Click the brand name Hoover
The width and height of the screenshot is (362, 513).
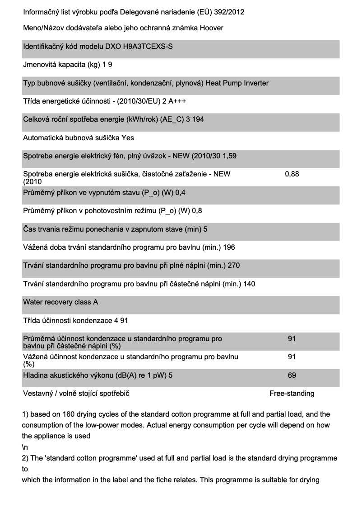tap(212, 28)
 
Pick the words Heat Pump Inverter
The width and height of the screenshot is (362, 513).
tap(240, 83)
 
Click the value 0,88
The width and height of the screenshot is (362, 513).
tap(292, 174)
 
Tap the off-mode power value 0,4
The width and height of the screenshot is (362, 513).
tap(180, 193)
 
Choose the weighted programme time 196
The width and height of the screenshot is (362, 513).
tap(229, 247)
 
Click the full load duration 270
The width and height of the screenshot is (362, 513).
tap(233, 266)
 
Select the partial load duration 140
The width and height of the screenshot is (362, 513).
tap(249, 284)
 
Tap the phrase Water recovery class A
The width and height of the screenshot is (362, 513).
tap(60, 302)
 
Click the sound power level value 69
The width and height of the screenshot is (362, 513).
tap(292, 375)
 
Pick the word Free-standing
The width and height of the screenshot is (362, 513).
tap(292, 394)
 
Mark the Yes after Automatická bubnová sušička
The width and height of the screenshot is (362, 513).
tap(127, 138)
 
